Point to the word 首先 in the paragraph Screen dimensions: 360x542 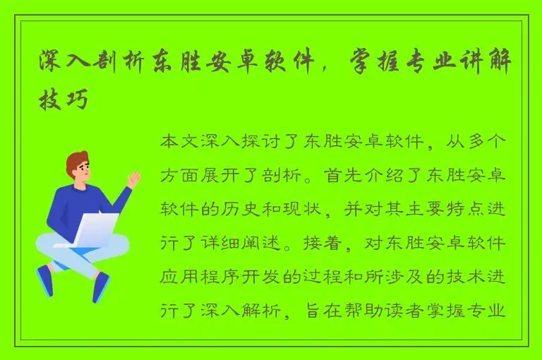pyautogui.click(x=342, y=176)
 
